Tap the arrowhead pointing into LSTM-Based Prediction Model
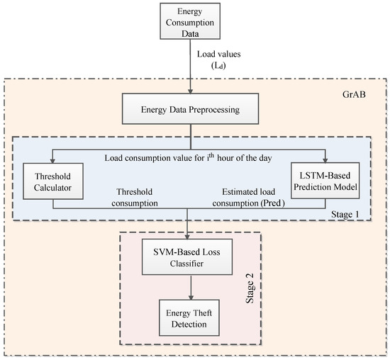point(325,161)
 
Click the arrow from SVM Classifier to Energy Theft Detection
point(189,290)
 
